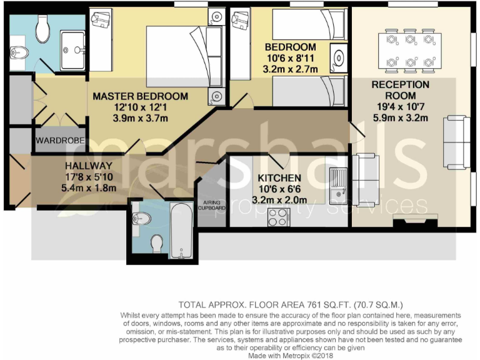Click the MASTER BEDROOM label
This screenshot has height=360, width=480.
(x=140, y=96)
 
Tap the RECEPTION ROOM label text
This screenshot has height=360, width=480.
(x=400, y=89)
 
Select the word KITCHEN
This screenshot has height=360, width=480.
(x=279, y=178)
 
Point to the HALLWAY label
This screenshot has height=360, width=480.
(x=88, y=166)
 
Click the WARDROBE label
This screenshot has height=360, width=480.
(x=60, y=140)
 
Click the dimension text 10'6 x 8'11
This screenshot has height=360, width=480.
(x=290, y=58)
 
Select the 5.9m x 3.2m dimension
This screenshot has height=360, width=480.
(x=400, y=117)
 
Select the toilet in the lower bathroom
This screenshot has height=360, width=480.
(x=157, y=244)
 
